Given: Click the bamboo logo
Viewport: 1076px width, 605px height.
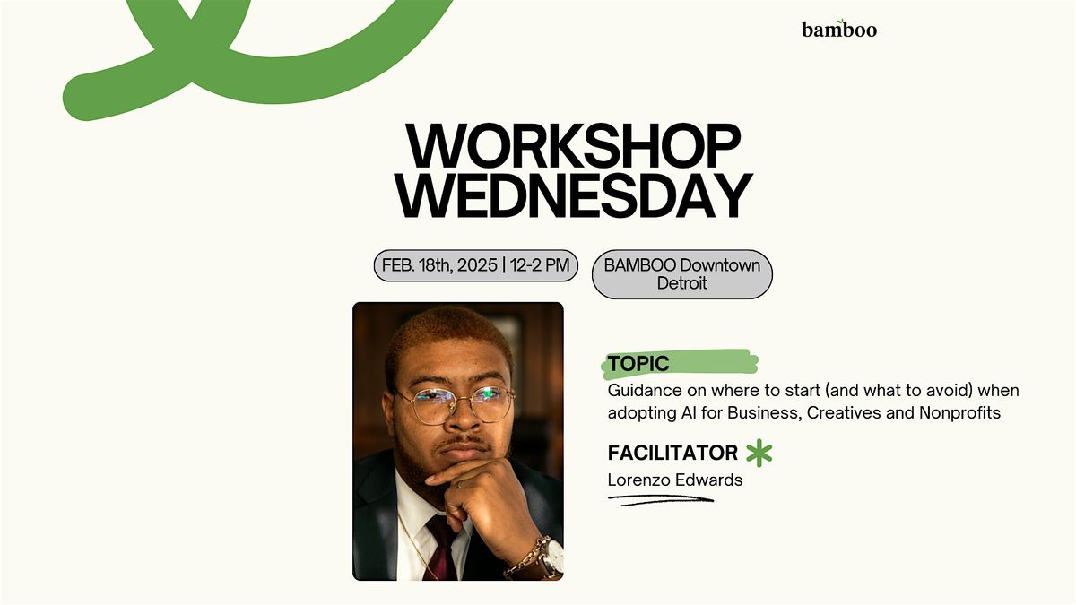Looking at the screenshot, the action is (839, 30).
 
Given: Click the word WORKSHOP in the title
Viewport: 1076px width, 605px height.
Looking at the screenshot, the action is (573, 146).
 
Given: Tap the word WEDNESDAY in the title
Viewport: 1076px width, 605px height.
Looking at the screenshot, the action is (574, 196).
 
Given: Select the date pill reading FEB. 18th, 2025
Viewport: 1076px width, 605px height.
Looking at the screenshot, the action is (475, 265).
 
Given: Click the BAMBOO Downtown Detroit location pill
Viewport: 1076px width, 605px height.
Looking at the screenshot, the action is (682, 274).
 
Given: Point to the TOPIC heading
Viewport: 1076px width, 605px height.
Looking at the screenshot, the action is (638, 364).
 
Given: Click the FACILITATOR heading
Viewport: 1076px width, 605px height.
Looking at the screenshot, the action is (672, 453).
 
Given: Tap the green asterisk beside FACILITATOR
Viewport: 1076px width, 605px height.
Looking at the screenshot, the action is (759, 453).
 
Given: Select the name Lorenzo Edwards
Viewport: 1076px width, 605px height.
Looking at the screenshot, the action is (675, 480).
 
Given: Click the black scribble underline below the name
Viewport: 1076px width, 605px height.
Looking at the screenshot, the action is (661, 500).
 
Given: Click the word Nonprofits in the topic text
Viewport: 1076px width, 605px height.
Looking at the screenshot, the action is (959, 413).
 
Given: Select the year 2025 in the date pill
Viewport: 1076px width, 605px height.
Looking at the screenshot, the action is (477, 265).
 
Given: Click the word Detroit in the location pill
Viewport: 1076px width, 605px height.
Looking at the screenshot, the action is (682, 283).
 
